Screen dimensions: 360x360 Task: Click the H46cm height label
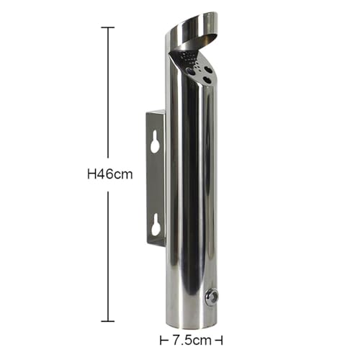(110, 174)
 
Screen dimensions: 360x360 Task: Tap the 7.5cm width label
(192, 341)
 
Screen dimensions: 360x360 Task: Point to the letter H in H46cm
(92, 174)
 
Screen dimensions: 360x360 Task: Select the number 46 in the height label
(104, 174)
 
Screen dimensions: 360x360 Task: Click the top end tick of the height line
(108, 27)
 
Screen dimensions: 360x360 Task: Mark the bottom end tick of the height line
(108, 321)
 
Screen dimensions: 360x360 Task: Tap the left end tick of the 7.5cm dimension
(161, 341)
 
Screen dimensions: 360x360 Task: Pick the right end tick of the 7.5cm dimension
(222, 341)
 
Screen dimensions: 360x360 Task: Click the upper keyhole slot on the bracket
(156, 142)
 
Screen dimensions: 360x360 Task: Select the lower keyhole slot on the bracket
(156, 225)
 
